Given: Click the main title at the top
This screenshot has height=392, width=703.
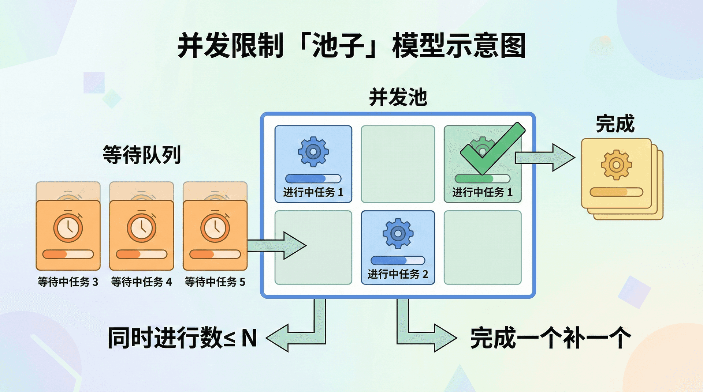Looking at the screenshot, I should point(351,46).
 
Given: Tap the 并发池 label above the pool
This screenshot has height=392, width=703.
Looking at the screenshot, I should point(398,97).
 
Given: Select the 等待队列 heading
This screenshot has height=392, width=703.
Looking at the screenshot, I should point(142,154).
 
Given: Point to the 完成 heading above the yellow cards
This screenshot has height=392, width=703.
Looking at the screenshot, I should point(615,124).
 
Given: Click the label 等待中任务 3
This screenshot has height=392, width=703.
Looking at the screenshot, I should point(68,282).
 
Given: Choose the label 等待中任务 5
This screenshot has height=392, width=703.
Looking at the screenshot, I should point(215,282).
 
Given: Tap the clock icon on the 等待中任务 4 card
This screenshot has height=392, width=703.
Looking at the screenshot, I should point(142,227).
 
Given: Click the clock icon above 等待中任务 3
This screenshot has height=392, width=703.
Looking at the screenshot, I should point(68,227).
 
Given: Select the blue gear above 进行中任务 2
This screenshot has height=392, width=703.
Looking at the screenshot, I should point(398,233).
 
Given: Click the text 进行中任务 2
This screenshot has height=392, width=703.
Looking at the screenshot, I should point(398,274).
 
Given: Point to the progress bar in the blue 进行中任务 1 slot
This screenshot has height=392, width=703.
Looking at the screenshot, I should point(313,179).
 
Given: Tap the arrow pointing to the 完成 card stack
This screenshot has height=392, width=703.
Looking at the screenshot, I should point(544,158).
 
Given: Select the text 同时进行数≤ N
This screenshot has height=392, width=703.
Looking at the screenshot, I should point(182,338).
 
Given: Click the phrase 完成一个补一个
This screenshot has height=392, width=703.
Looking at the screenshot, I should point(550,338).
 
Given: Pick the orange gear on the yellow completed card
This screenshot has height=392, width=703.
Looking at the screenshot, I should point(616,165).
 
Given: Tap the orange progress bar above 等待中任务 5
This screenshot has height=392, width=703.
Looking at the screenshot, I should point(215,254).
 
